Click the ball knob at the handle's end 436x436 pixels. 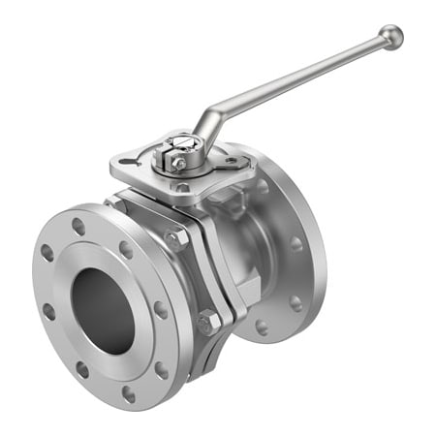390,38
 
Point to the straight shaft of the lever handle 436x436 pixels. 300,81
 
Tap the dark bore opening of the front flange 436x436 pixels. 103,309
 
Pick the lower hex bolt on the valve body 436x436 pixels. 206,323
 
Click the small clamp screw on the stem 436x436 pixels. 179,164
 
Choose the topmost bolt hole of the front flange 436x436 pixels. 78,226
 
